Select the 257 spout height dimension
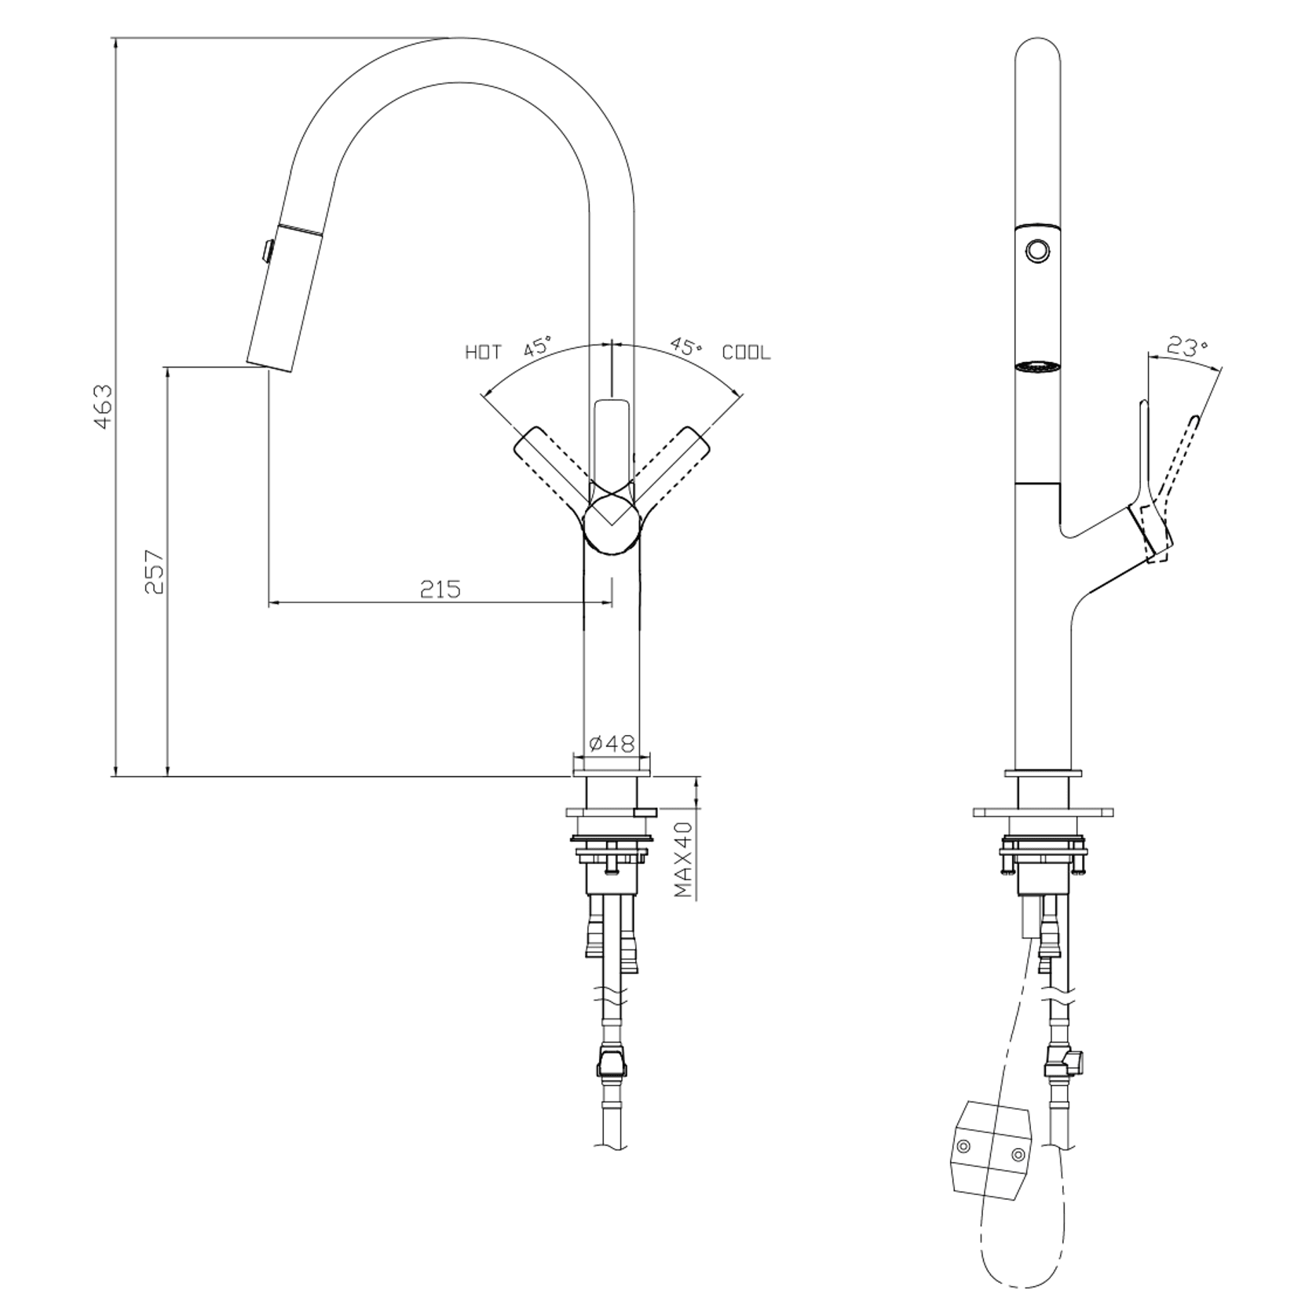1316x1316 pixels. [155, 571]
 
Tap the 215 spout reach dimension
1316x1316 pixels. [440, 588]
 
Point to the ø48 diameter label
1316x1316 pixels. [611, 743]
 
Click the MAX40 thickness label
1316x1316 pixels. [684, 860]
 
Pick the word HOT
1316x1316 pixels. [483, 353]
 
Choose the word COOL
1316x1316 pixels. [746, 353]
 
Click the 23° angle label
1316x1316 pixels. [1186, 346]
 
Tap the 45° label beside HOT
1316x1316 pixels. [538, 347]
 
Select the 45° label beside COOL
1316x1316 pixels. [686, 346]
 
